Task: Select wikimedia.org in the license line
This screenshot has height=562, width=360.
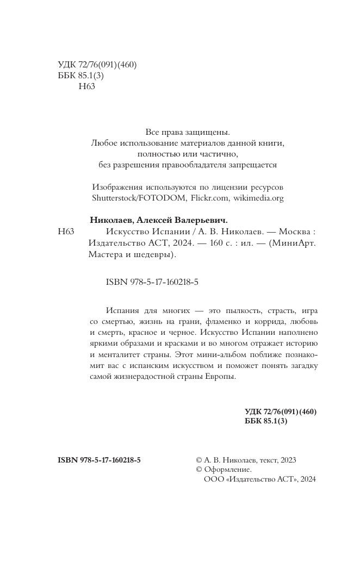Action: coord(258,198)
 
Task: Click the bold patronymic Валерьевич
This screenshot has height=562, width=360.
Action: coord(197,220)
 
